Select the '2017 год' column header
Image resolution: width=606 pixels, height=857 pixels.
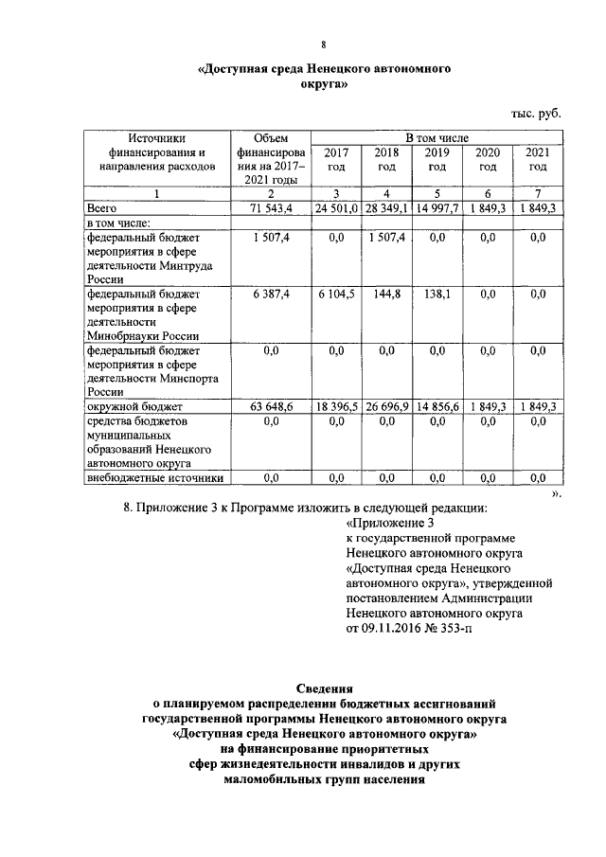pyautogui.click(x=335, y=159)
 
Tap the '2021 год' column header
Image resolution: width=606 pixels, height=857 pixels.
pyautogui.click(x=538, y=159)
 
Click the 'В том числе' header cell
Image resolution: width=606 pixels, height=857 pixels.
pyautogui.click(x=437, y=138)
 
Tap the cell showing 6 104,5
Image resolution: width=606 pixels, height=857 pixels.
pyautogui.click(x=335, y=295)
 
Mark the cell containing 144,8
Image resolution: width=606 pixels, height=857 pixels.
pyautogui.click(x=386, y=295)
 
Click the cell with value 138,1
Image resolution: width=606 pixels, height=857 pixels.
pyautogui.click(x=437, y=295)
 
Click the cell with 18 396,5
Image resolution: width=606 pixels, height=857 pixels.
pyautogui.click(x=335, y=406)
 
